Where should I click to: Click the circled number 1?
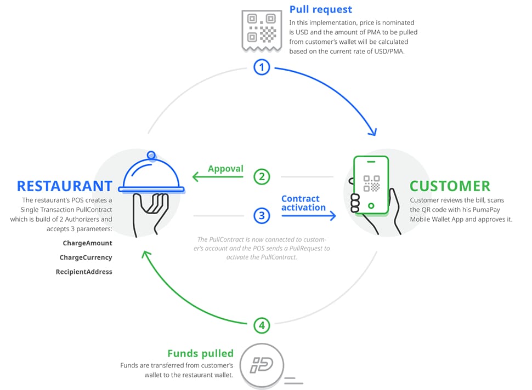point(262,67)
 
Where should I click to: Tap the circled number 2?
point(262,176)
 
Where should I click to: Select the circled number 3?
point(262,215)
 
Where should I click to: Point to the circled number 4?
point(262,325)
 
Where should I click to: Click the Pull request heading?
point(321,9)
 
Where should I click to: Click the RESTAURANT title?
point(65,186)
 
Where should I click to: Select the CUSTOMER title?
point(450,186)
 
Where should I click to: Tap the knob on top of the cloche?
point(151,155)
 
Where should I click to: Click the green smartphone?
point(371,185)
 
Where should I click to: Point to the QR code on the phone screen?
point(371,183)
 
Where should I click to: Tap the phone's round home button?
point(371,205)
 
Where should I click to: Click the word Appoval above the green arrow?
point(225,169)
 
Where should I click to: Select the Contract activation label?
point(303,203)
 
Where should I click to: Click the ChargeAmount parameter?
point(87,243)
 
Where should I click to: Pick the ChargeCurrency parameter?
point(86,257)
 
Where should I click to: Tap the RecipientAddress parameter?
point(84,272)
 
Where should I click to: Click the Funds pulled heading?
point(201,353)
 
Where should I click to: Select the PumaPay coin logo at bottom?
point(262,365)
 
